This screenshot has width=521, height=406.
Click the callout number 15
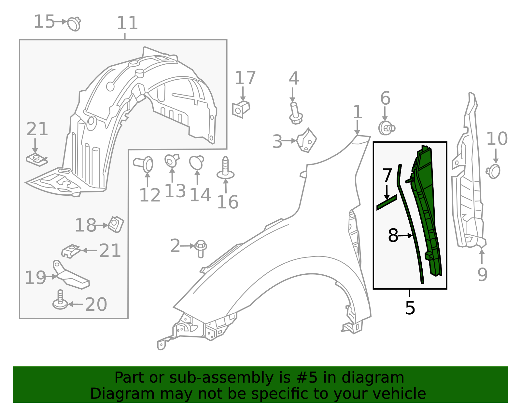click(44, 22)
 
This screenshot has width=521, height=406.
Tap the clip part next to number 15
click(75, 24)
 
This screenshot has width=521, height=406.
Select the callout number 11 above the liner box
click(127, 23)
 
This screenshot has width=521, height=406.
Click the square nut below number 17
click(241, 109)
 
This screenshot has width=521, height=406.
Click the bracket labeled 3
click(307, 140)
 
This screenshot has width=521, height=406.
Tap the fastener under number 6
click(387, 128)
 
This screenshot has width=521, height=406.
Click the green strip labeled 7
click(387, 203)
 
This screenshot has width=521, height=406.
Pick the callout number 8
click(393, 235)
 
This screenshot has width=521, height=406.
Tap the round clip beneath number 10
click(494, 171)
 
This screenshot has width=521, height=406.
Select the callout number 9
click(482, 274)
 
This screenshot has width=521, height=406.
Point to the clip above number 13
click(171, 161)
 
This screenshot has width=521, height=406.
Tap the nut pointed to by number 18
click(116, 224)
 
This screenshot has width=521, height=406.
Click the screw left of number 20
click(60, 301)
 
